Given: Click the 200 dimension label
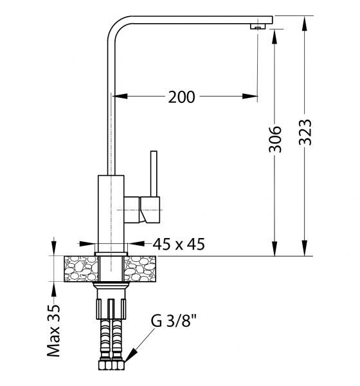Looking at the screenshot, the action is [x=181, y=96].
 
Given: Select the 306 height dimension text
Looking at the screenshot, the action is [x=275, y=140].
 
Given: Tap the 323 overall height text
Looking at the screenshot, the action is [x=305, y=132].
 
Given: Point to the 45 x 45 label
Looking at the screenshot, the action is [x=179, y=244].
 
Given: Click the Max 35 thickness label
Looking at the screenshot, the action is [x=53, y=331].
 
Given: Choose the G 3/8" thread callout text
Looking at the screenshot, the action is [x=174, y=321].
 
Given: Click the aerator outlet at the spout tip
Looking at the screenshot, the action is [x=258, y=26].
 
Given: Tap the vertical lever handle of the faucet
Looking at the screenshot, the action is [x=154, y=174].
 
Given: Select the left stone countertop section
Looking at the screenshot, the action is [x=81, y=269].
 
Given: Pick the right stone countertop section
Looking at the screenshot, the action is [x=139, y=269].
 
